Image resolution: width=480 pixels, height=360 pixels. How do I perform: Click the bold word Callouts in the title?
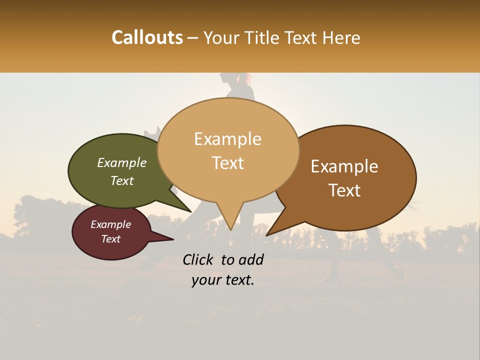[147, 37]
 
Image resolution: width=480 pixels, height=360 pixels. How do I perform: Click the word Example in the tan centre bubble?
[227, 139]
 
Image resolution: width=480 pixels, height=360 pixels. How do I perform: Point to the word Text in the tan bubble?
[227, 163]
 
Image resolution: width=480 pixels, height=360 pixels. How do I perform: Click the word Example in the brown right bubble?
[344, 166]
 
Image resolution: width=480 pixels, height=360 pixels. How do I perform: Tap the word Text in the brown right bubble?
[344, 190]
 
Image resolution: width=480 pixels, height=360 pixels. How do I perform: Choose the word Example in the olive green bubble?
[121, 163]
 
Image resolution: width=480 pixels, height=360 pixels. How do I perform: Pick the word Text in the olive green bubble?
[121, 181]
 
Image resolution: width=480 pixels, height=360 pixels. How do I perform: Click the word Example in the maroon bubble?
[110, 224]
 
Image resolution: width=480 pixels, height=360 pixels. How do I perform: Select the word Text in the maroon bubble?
[110, 239]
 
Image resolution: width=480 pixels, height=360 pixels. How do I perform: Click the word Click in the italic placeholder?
[199, 259]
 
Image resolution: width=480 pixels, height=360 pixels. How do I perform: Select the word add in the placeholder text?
[251, 259]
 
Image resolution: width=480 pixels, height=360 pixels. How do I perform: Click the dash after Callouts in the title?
[193, 37]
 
